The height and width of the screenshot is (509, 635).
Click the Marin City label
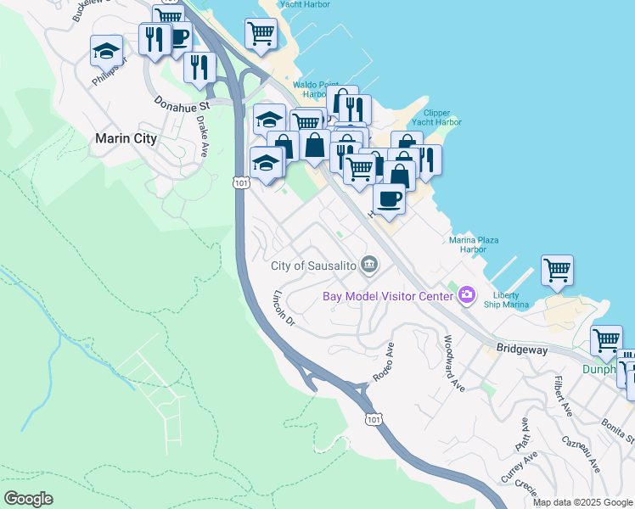click(126, 138)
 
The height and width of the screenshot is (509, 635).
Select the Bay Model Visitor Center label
click(387, 296)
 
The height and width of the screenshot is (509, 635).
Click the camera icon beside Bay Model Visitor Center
click(465, 295)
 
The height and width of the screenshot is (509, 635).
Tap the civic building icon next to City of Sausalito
click(369, 266)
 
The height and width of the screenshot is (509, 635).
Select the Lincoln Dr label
click(284, 309)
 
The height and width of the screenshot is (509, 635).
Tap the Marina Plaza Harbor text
click(468, 244)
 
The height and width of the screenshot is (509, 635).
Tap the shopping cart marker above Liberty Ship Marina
click(557, 270)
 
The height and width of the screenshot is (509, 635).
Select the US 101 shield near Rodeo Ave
click(374, 418)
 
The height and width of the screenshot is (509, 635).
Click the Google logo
click(28, 499)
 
